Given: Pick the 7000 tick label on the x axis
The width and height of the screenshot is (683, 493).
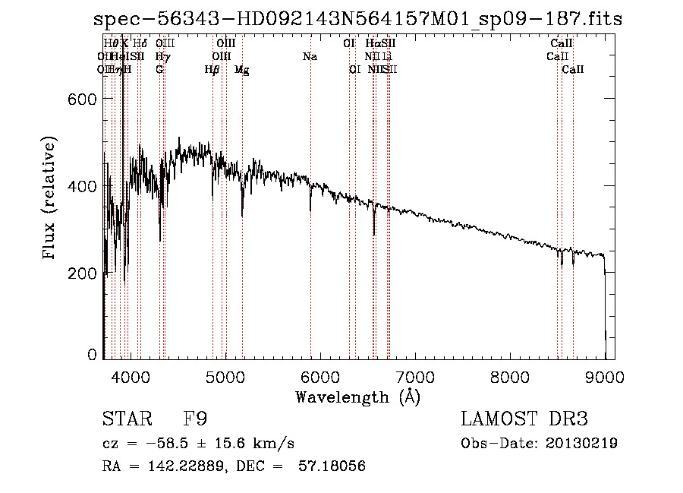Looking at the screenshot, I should pos(414,375).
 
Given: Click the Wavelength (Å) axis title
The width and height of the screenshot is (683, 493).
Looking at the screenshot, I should pos(357,397).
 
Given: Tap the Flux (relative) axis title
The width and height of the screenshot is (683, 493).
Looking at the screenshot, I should pos(50,198).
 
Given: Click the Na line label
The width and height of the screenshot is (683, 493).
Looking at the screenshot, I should pos(310,56).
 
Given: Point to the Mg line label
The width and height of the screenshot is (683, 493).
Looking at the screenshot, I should pos(241,70).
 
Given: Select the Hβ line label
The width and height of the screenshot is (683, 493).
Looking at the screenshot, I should pos(212,70).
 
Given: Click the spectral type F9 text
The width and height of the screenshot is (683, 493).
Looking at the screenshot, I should pos(195,419).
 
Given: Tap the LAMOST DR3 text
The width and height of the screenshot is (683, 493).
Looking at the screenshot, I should pos(524,419).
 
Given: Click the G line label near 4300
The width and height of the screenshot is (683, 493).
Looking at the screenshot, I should pos(159,70).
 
